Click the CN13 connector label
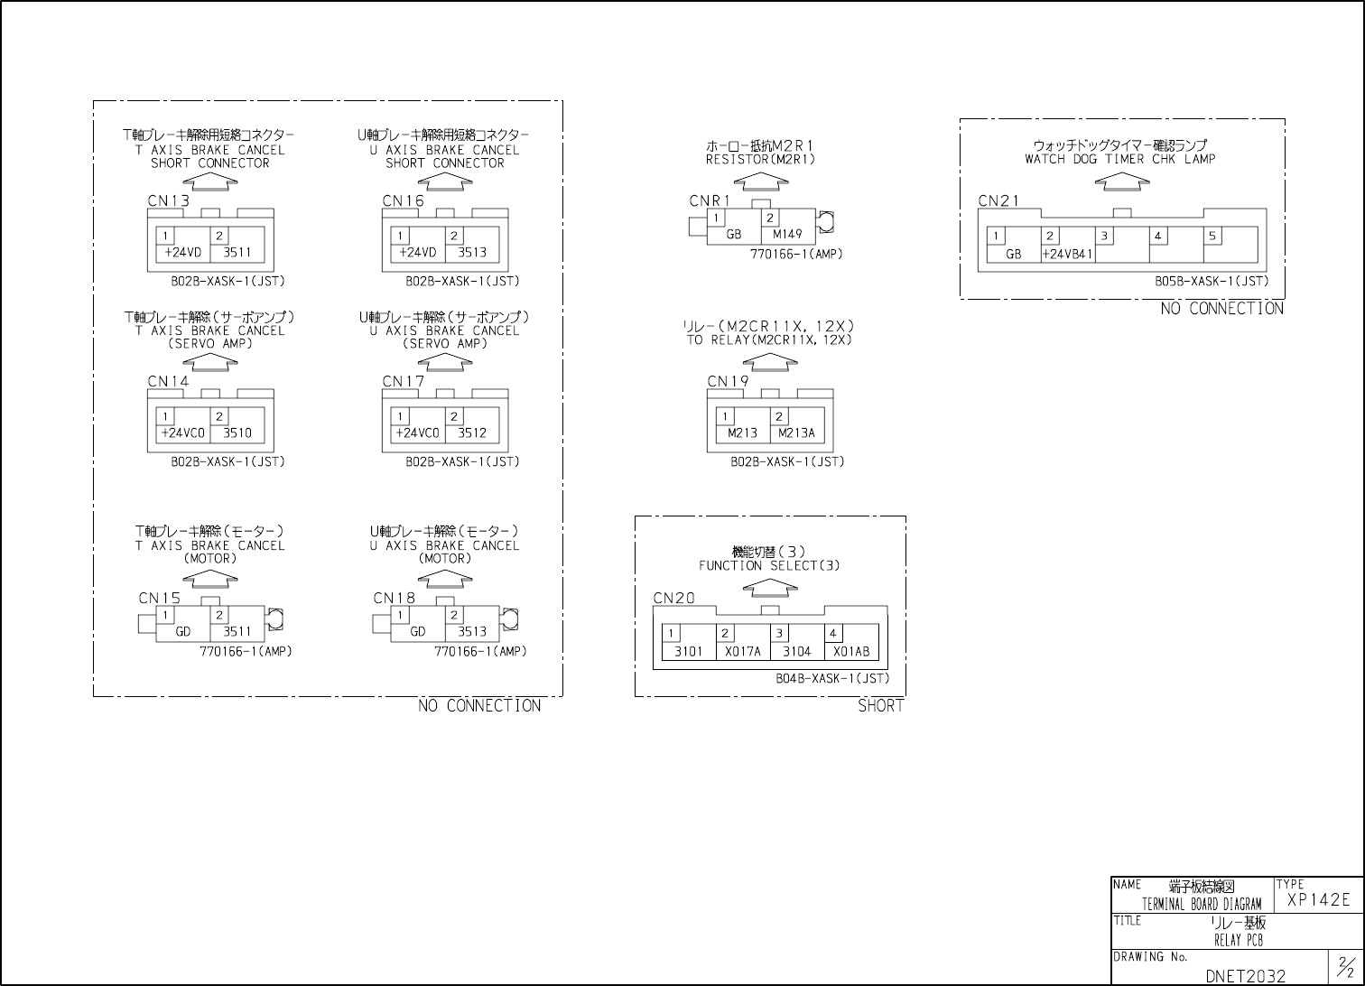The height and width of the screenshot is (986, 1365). (x=169, y=200)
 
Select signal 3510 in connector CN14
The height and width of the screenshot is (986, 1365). (x=237, y=433)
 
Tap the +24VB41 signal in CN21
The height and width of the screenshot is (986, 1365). (x=1067, y=255)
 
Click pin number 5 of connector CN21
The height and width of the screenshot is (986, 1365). (x=1212, y=237)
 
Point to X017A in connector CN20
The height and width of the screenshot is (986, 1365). (x=743, y=652)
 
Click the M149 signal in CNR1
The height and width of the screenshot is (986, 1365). (x=787, y=235)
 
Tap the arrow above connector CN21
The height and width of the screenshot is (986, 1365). (x=1122, y=181)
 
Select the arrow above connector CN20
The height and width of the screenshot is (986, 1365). (x=770, y=588)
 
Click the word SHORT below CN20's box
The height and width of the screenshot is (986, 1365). (x=880, y=706)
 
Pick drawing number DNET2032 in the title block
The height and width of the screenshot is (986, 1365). (x=1245, y=976)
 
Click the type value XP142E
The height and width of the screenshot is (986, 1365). (x=1318, y=899)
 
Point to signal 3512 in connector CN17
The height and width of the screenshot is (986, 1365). (x=472, y=433)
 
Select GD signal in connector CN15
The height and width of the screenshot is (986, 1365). (x=183, y=632)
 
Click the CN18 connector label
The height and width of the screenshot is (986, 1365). (x=395, y=598)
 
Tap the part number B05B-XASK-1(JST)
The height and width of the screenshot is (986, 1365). (x=1212, y=282)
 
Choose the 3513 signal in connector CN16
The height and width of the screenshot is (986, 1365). (x=472, y=253)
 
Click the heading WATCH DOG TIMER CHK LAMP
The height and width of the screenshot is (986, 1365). (x=1120, y=159)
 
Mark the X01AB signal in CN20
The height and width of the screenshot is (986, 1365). (x=850, y=652)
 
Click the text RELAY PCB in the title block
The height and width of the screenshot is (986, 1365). (x=1238, y=940)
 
